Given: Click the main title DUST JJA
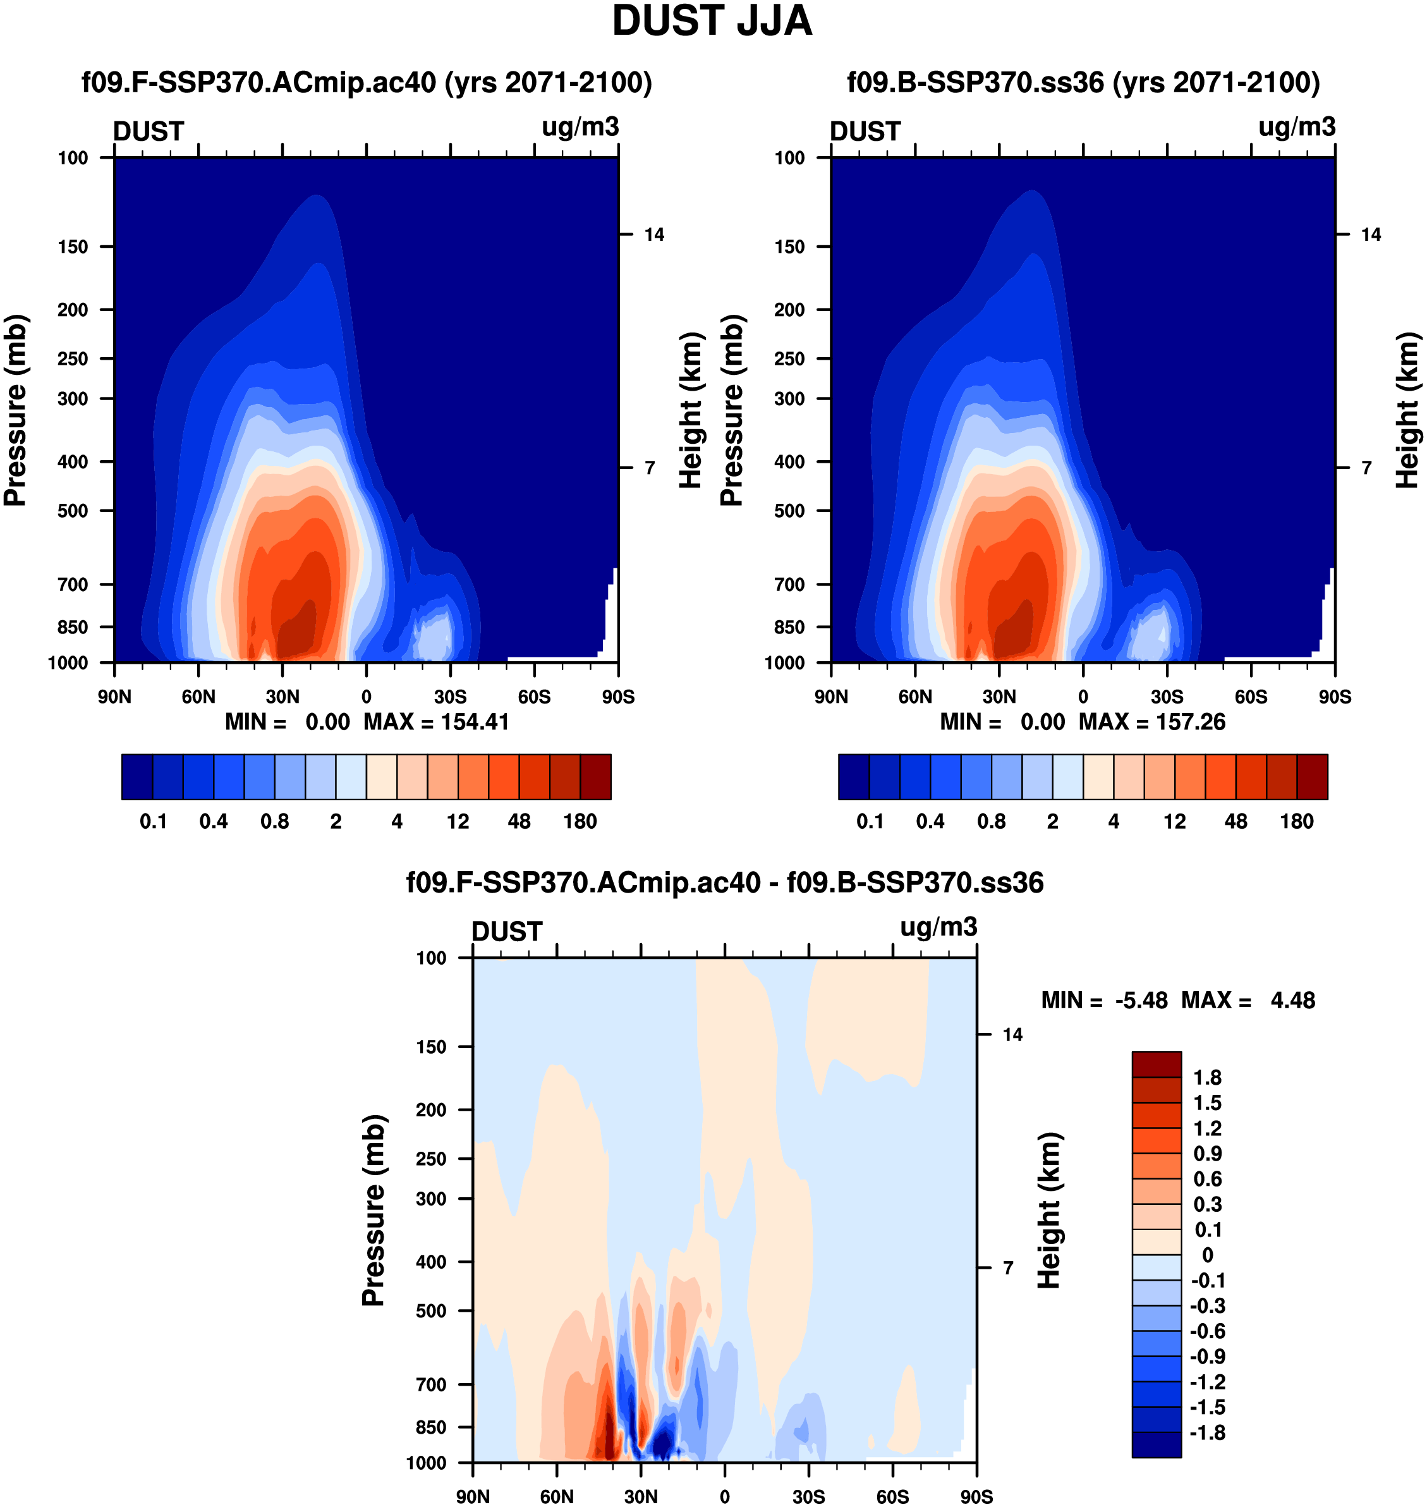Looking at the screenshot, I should point(712,21).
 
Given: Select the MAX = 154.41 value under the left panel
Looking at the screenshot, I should point(436,722).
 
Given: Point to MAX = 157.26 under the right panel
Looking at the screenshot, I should point(1151,722).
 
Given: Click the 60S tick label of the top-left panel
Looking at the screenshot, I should point(534,697).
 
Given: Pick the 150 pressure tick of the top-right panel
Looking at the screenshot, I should point(789,247).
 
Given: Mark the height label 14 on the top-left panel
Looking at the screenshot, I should point(654,235).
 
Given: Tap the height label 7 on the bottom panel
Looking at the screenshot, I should point(1008,1268).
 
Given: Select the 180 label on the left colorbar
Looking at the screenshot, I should point(580,822).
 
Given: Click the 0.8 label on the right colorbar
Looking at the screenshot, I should point(991,822).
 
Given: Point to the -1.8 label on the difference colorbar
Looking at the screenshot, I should point(1208,1433).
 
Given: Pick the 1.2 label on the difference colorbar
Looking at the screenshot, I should point(1207,1128).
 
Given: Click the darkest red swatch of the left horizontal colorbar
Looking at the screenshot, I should point(595,777).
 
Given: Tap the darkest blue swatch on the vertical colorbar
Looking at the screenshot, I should point(1157,1444).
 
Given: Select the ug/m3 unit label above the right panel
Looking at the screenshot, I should point(1297,127).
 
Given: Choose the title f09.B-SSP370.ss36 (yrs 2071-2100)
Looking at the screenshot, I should point(1083,82).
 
